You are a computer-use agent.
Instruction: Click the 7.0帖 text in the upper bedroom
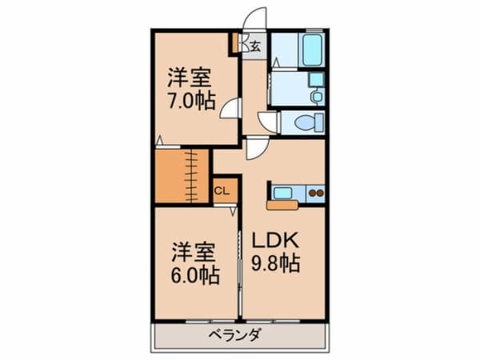tap(192, 102)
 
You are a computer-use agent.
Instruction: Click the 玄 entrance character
tap(254, 46)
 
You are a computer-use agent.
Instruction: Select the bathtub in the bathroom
tap(312, 50)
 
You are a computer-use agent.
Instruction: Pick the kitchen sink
tap(283, 192)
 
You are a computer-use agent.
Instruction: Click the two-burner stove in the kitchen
tap(315, 192)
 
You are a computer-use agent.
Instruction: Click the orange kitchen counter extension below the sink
tap(282, 205)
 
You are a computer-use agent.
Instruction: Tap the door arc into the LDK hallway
tap(256, 146)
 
